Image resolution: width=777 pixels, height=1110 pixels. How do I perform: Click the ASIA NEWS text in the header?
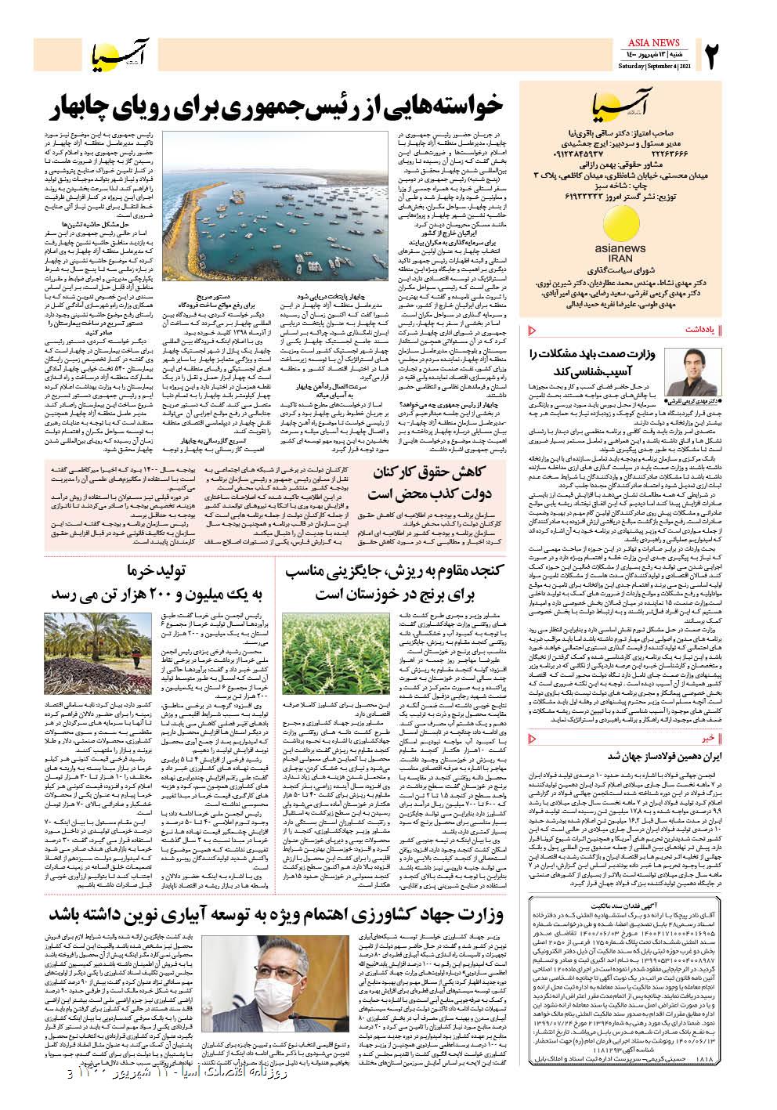(656, 42)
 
